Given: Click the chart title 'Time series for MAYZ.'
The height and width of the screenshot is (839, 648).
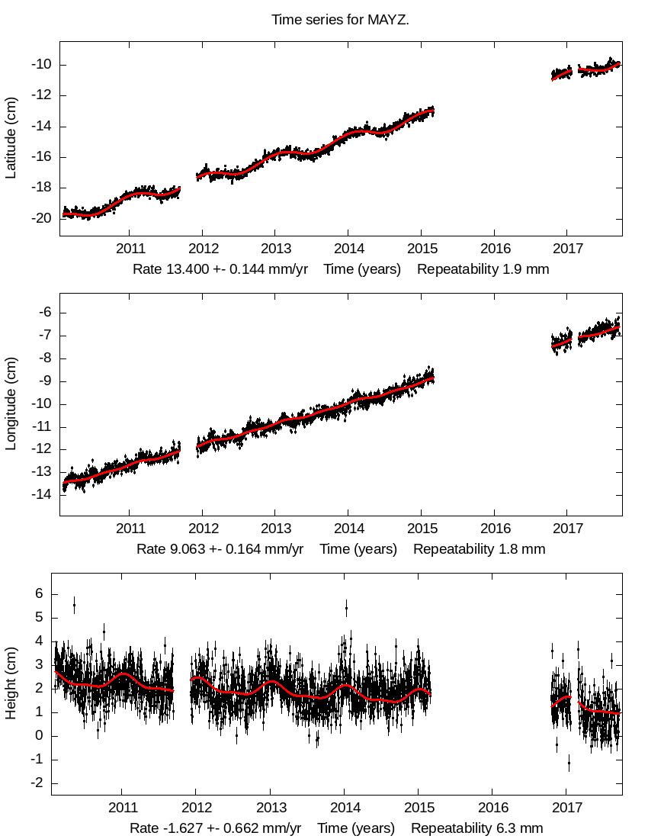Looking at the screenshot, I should (340, 19).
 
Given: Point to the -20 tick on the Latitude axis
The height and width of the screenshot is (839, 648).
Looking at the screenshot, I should (40, 218).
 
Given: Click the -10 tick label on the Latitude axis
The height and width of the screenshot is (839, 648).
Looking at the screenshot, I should (40, 65).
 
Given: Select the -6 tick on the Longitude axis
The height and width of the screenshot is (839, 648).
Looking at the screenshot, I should (43, 312).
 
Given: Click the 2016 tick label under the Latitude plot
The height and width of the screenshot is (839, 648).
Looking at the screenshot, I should (494, 249).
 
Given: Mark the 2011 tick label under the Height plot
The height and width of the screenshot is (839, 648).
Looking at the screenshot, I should (122, 807).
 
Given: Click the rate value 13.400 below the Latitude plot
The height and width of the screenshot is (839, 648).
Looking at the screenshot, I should (187, 269).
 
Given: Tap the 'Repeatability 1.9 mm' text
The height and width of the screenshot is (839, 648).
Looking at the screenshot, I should (483, 269).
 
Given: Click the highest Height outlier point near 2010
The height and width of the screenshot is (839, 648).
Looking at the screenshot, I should (74, 606).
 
